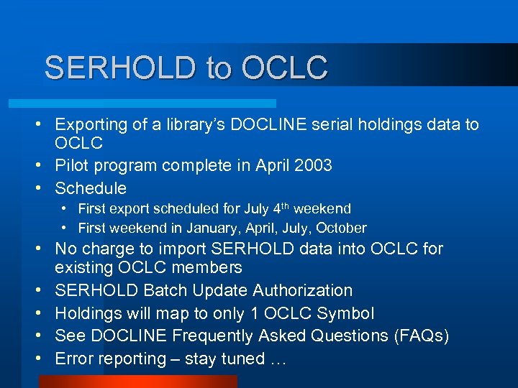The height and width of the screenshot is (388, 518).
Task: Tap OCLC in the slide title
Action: pyautogui.click(x=285, y=68)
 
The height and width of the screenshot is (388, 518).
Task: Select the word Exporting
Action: pyautogui.click(x=91, y=125)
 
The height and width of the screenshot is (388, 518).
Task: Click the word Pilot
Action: pyautogui.click(x=71, y=165)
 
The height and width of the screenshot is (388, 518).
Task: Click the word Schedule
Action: pyautogui.click(x=91, y=188)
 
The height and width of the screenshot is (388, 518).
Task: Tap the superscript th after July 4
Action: pyautogui.click(x=284, y=205)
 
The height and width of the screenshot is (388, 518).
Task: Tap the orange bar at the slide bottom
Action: pyautogui.click(x=137, y=382)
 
